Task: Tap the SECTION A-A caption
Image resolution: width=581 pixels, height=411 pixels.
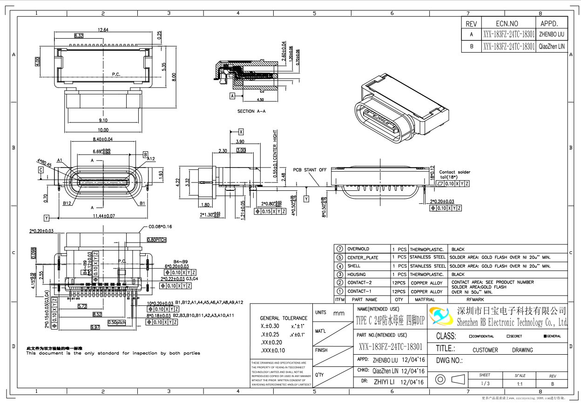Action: [252, 111]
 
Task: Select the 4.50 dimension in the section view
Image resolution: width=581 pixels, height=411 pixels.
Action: [260, 100]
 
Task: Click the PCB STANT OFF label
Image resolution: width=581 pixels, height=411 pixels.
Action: [310, 170]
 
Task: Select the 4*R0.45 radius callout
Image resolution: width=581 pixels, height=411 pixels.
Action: [44, 162]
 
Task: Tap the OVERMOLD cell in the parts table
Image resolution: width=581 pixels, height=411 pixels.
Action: [358, 249]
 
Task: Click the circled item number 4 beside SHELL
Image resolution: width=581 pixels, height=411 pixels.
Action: [340, 266]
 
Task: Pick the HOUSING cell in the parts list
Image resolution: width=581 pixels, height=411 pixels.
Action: [357, 275]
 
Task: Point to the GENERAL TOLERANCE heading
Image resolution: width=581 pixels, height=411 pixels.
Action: [284, 318]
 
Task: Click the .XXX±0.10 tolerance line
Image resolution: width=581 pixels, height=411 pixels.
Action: [273, 350]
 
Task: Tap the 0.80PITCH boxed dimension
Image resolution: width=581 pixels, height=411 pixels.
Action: [157, 240]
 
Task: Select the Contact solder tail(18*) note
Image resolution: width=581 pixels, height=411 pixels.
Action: [454, 175]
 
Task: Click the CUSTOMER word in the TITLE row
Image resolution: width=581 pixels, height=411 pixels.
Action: [485, 350]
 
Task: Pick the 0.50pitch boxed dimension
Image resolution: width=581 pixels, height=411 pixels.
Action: [117, 322]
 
